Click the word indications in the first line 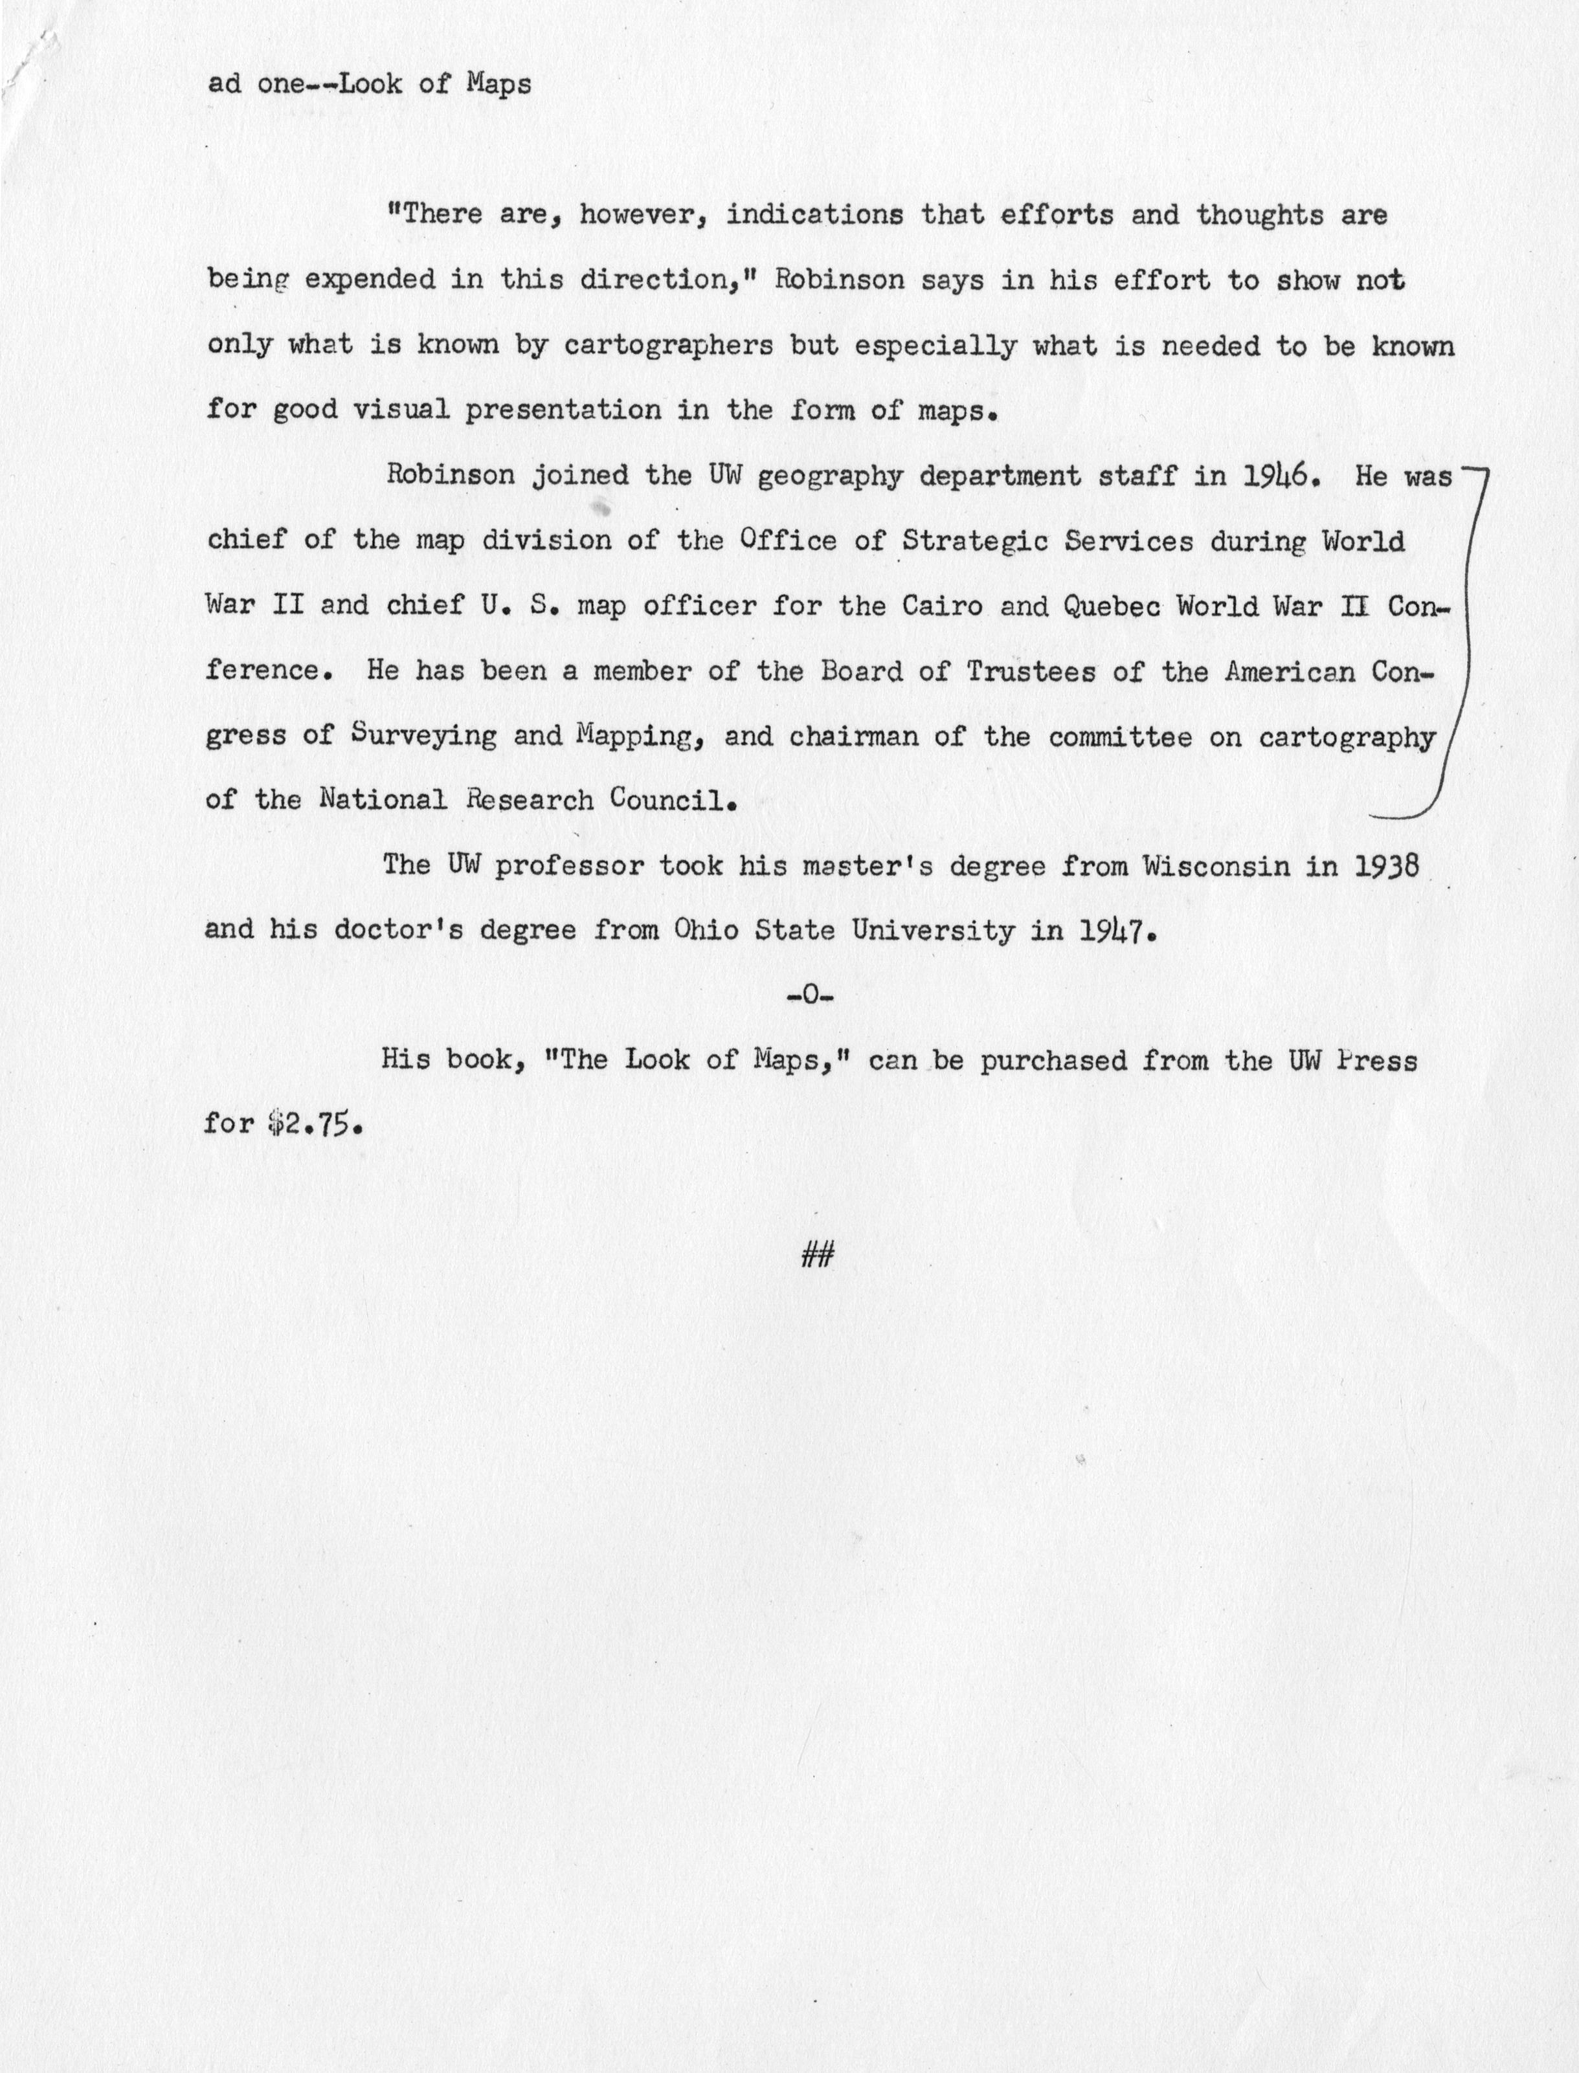click(815, 215)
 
